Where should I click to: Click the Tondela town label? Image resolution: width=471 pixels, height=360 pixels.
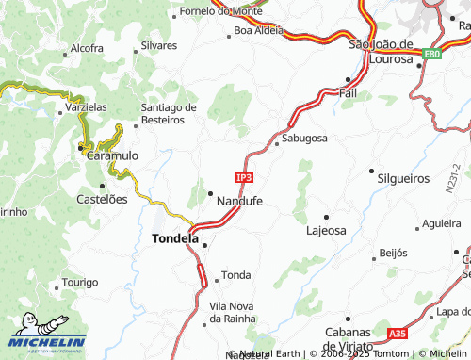175,239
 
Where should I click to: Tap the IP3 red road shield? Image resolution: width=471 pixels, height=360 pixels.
244,176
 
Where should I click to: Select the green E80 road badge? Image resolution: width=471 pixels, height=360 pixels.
432,55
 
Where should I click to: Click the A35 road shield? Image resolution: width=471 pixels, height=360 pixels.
398,334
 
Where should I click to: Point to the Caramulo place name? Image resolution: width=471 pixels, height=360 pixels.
112,155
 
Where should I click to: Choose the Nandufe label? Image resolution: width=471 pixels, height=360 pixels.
239,202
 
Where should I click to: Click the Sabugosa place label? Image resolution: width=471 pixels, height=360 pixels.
304,139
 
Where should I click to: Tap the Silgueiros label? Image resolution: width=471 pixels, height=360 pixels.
405,177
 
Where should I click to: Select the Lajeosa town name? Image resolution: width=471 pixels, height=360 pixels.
327,230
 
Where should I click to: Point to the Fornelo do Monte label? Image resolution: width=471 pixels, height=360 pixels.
219,12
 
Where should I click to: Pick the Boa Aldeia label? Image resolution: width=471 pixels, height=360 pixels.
258,31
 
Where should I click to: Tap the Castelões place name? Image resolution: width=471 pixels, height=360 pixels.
101,200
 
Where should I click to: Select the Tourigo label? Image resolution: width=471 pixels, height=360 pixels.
80,283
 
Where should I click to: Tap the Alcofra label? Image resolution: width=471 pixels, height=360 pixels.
87,47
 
